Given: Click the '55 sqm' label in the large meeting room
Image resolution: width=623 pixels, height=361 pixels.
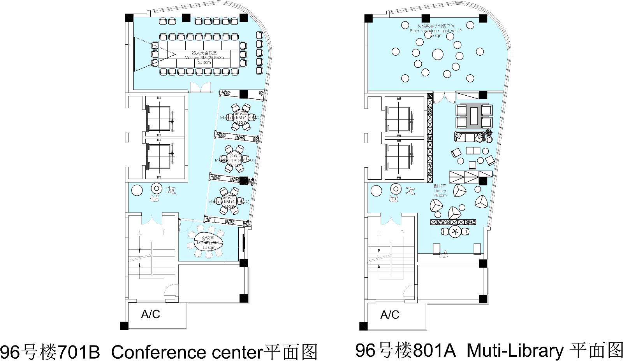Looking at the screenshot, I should point(202,62).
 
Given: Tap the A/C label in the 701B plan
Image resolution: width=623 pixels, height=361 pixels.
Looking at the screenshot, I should point(150,314).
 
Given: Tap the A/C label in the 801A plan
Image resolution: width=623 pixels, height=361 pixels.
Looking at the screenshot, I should point(390,314).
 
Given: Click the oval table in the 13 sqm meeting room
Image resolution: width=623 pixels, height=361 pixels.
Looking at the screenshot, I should point(206,242).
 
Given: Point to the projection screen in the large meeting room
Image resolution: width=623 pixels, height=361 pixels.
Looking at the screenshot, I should point(135,54).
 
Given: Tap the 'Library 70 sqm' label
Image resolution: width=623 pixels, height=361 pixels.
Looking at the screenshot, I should point(440,191).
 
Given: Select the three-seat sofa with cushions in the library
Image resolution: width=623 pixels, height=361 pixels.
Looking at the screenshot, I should point(469,137).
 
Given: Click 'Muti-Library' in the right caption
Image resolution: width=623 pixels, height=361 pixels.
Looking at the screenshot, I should point(515,351).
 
